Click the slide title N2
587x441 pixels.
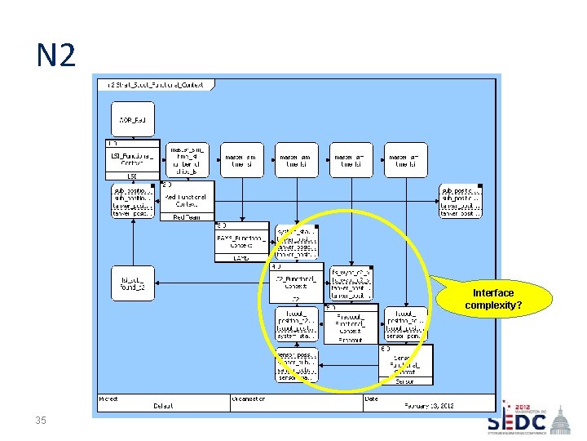pyautogui.click(x=55, y=56)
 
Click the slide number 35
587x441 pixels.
pyautogui.click(x=41, y=421)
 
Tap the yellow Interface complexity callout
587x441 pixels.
pyautogui.click(x=493, y=299)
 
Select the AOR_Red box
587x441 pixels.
pyautogui.click(x=133, y=120)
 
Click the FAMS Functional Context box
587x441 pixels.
pyautogui.click(x=241, y=242)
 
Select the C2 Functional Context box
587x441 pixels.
pyautogui.click(x=296, y=283)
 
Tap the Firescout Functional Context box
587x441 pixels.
pyautogui.click(x=351, y=323)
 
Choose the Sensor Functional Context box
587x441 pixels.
pyautogui.click(x=406, y=364)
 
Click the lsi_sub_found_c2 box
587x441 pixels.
pyautogui.click(x=131, y=283)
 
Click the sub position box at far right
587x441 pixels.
pyautogui.click(x=461, y=201)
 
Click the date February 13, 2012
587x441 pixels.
pyautogui.click(x=429, y=406)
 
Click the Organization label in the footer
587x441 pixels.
pyautogui.click(x=254, y=399)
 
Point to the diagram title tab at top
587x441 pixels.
pyautogui.click(x=156, y=84)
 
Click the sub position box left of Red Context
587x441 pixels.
pyautogui.click(x=132, y=201)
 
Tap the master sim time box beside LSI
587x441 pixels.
pyautogui.click(x=187, y=160)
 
